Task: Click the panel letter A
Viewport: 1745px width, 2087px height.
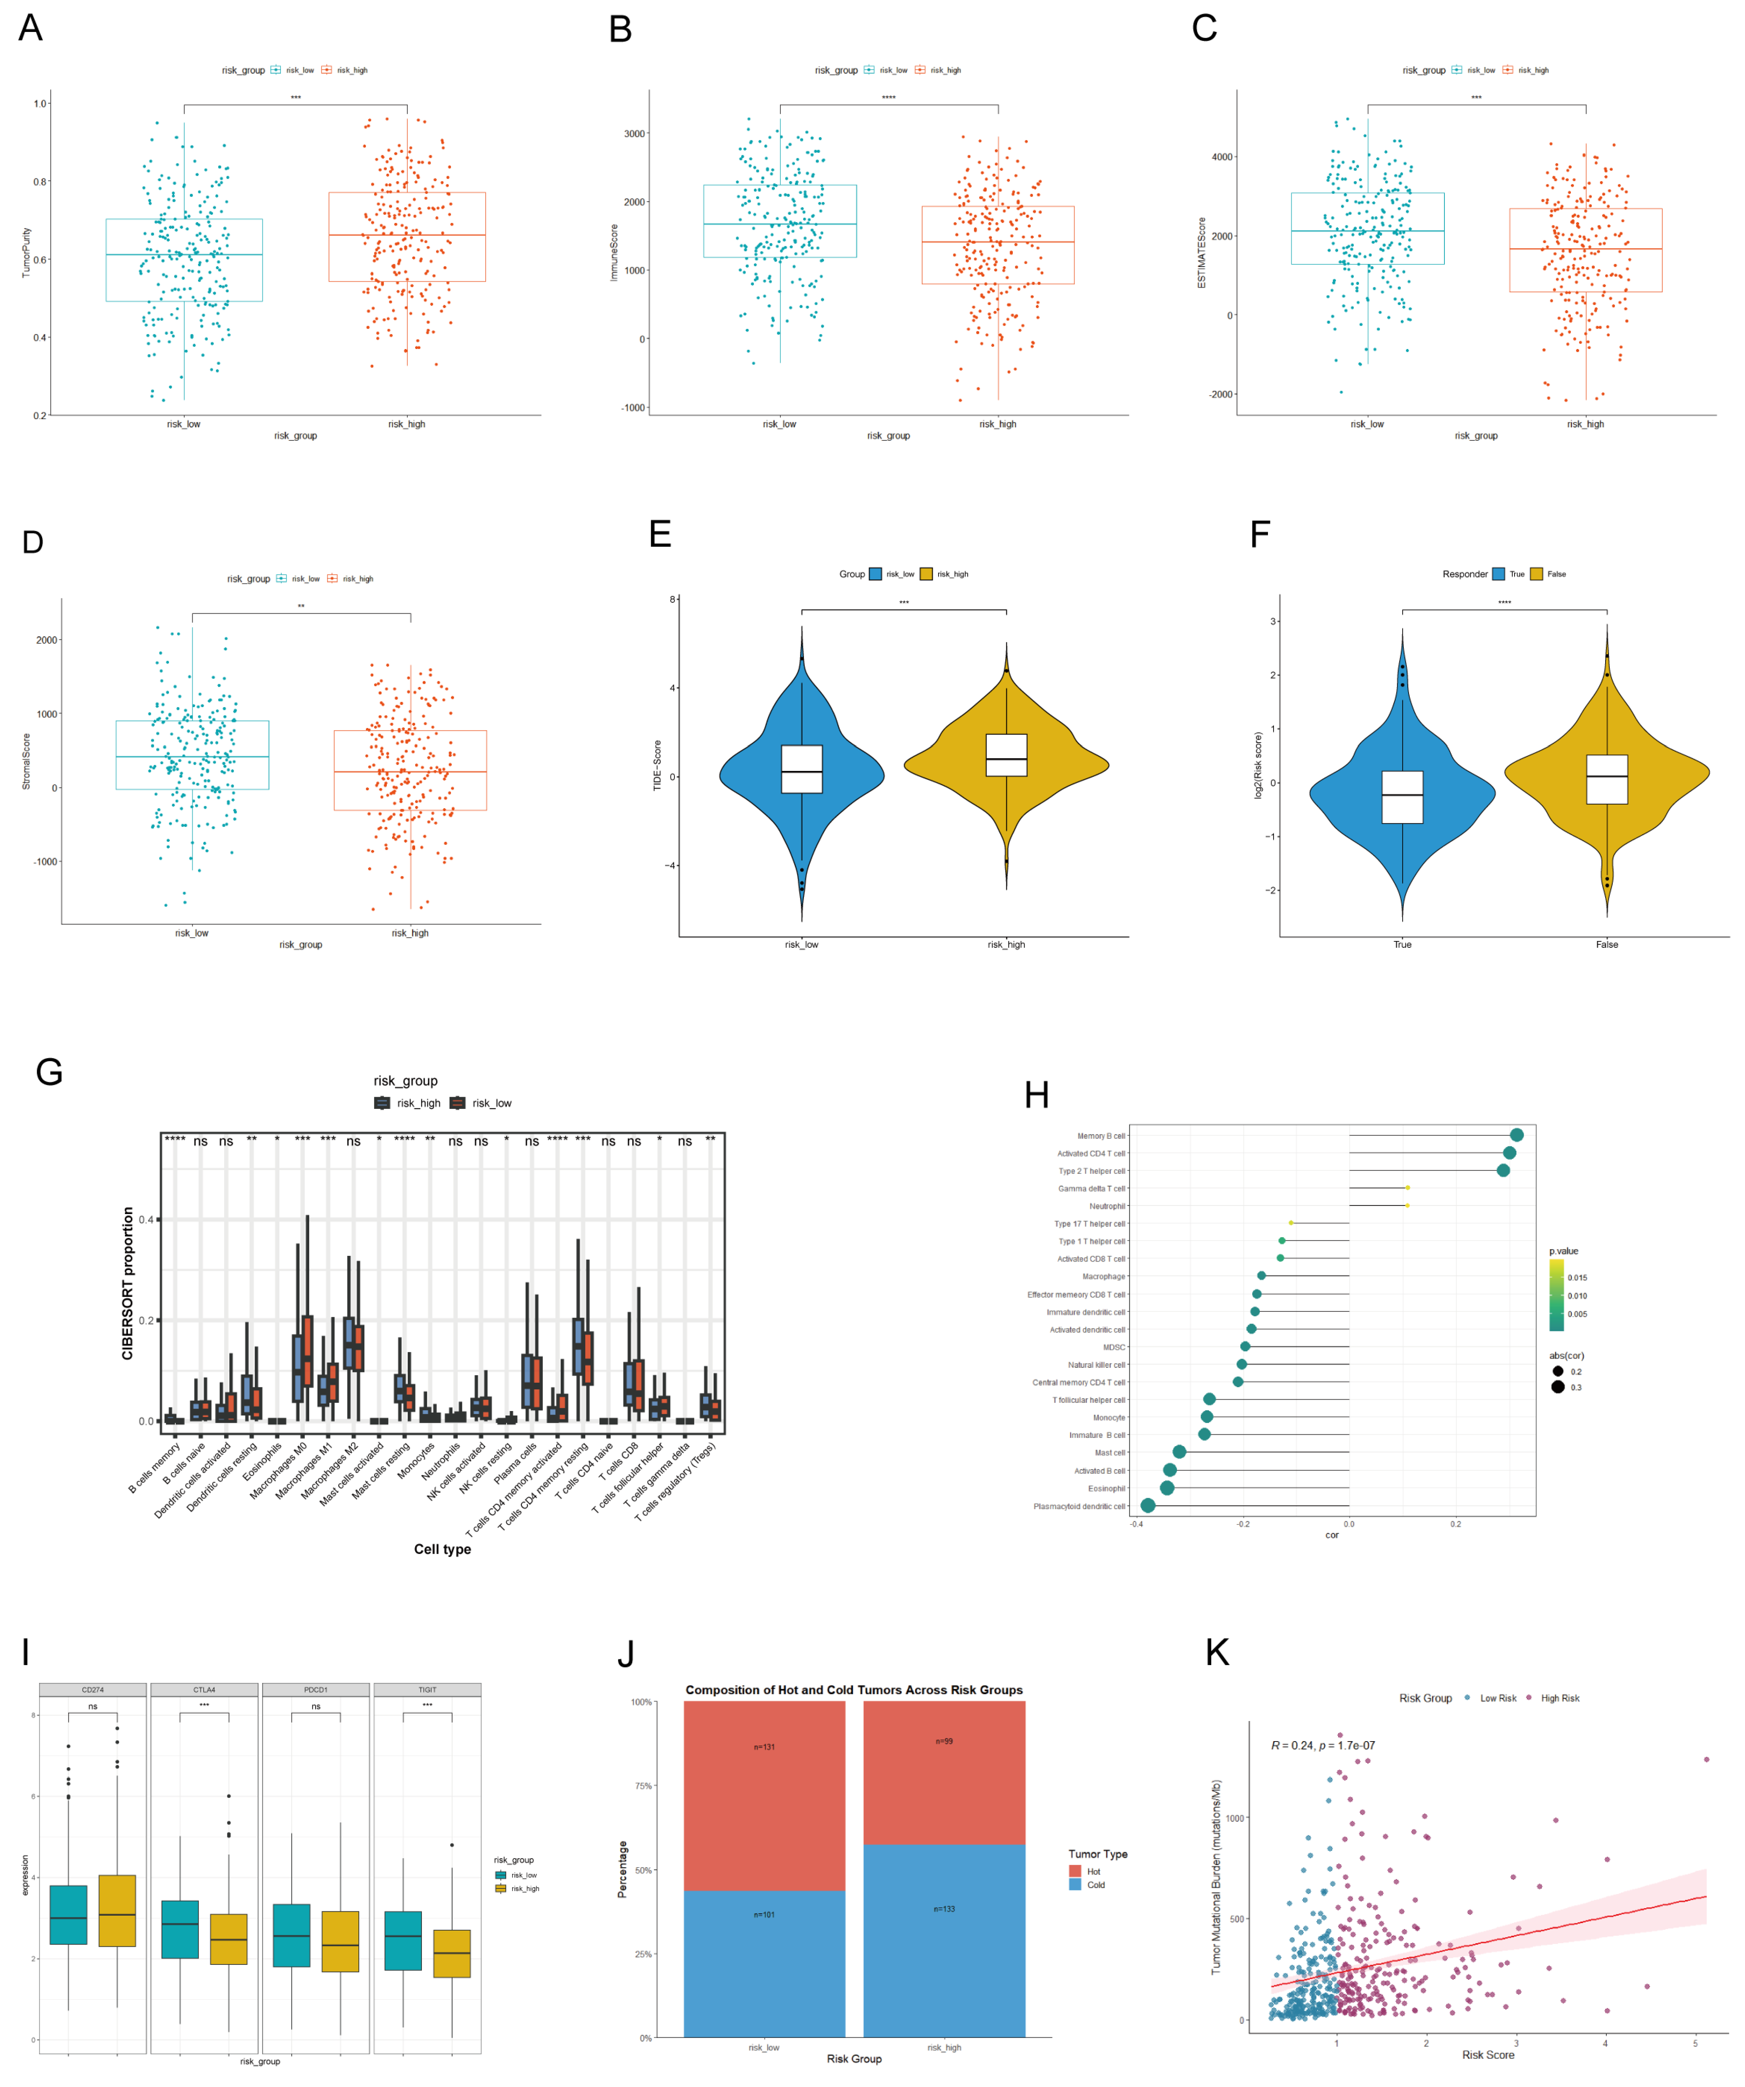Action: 31,28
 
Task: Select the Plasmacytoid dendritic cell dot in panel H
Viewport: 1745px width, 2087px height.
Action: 1148,1506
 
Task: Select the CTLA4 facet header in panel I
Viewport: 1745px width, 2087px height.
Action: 204,1690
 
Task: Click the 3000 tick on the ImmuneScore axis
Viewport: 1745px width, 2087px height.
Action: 634,133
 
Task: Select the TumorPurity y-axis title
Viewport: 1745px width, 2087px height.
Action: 27,253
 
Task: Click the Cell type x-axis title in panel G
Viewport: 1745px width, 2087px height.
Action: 442,1549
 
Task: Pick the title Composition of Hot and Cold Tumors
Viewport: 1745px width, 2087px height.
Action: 854,1690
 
